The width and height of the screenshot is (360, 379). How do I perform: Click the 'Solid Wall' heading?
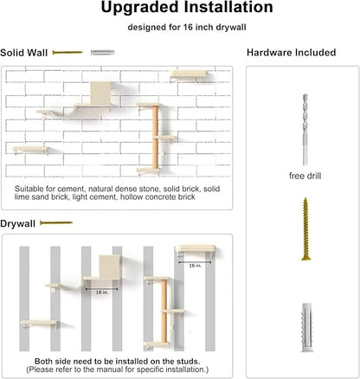tap(24, 53)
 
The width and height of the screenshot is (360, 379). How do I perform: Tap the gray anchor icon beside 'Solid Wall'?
tap(101, 53)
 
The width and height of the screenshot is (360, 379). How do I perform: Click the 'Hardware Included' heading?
tap(291, 53)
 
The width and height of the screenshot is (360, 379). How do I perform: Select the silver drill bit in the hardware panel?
tap(304, 130)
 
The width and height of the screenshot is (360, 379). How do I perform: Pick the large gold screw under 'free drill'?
tap(305, 229)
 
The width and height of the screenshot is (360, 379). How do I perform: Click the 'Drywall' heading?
tap(18, 223)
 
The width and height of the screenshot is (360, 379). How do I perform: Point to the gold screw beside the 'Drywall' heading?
tap(56, 223)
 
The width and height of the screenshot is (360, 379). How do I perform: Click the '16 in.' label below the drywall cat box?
tap(103, 292)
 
